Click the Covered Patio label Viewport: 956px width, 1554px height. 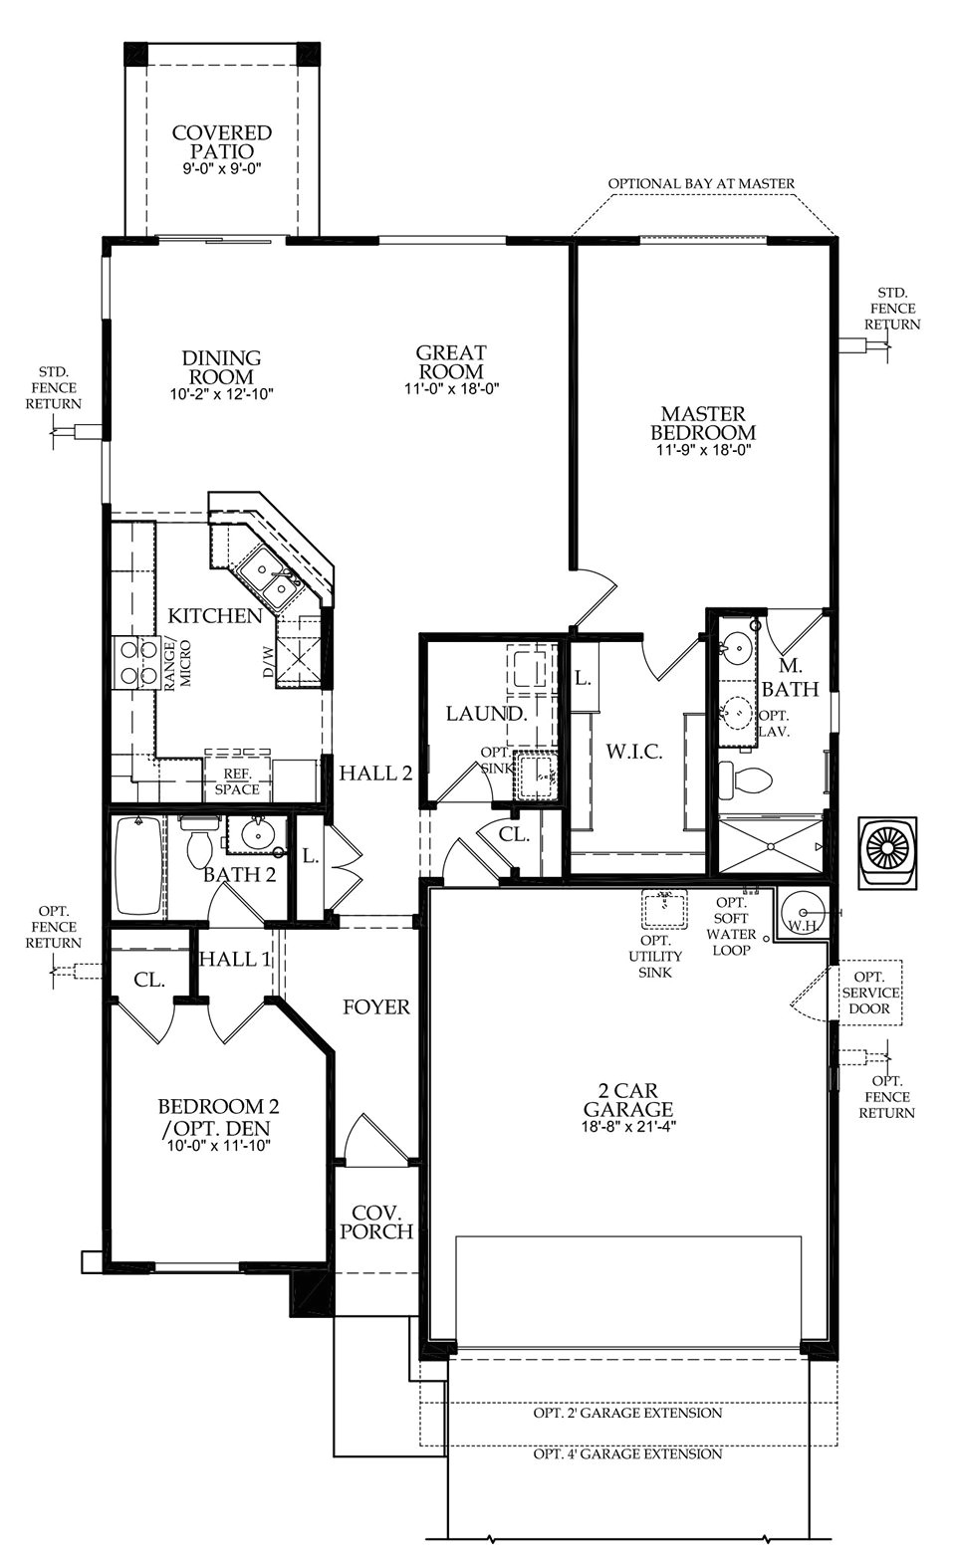pos(221,142)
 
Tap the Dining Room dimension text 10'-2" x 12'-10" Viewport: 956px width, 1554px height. pos(221,394)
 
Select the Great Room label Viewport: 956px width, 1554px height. pos(451,362)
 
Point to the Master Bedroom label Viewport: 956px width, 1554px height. pos(702,423)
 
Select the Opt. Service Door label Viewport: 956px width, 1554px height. pos(870,993)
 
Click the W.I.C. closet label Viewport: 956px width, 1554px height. pos(633,752)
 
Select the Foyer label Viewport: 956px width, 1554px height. pos(375,1007)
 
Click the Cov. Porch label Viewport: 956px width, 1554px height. pos(375,1222)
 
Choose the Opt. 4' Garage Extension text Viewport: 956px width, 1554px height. pos(627,1453)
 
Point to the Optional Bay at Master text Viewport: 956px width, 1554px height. pos(701,183)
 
